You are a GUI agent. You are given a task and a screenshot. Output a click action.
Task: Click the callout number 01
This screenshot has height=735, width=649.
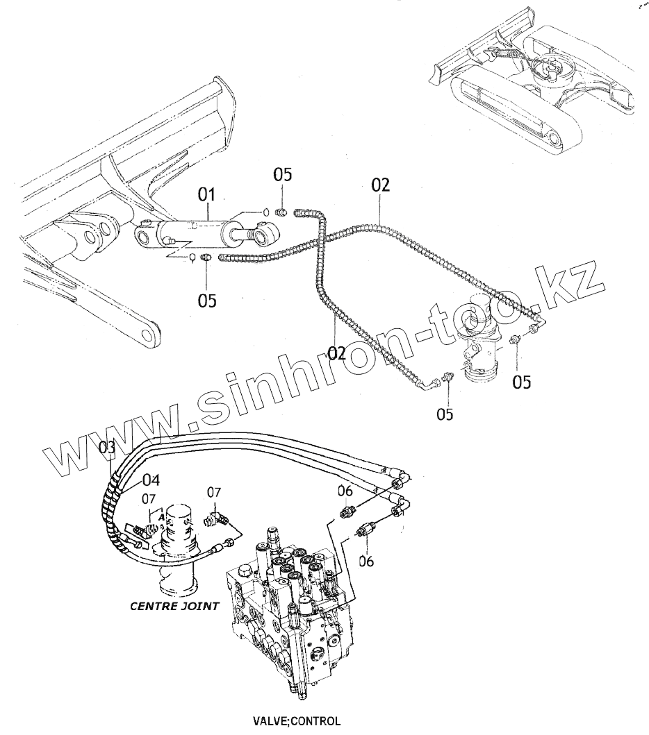click(208, 194)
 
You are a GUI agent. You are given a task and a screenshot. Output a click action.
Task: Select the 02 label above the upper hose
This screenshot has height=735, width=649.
click(381, 185)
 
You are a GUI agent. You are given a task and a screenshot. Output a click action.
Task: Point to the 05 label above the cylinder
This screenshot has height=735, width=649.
click(283, 174)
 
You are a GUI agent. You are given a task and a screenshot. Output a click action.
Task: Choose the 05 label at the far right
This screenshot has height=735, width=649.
click(523, 382)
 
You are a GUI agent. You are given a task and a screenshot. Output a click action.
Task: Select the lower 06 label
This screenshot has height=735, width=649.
click(366, 561)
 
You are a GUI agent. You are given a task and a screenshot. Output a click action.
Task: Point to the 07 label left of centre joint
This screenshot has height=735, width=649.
click(149, 498)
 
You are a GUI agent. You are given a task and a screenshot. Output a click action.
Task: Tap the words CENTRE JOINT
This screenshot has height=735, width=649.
click(174, 606)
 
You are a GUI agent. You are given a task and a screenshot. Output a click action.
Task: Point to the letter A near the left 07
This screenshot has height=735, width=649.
click(161, 516)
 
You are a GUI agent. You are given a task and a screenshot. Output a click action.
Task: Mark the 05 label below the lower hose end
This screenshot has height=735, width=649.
click(445, 414)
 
